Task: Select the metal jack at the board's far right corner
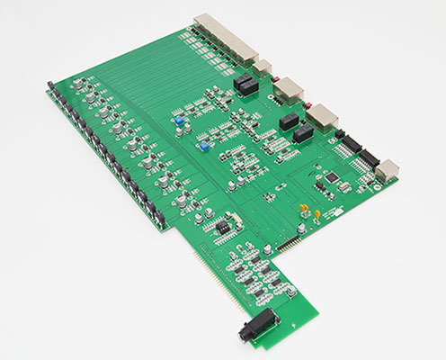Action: click(388, 169)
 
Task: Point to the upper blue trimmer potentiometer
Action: click(180, 119)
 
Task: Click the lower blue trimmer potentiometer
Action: click(205, 143)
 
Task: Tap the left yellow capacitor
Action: click(304, 211)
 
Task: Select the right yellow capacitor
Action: click(317, 213)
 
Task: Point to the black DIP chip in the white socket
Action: click(219, 227)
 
